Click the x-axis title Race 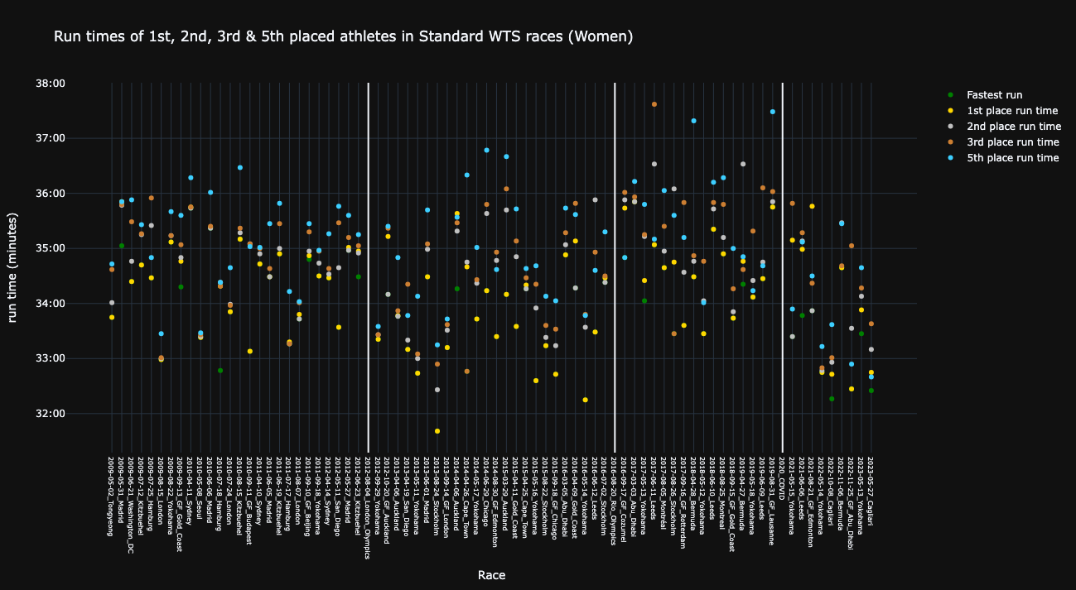[x=491, y=575]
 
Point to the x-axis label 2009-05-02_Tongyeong [x=112, y=495]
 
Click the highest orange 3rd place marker [x=654, y=104]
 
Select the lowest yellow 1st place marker [x=437, y=431]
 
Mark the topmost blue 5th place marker [x=773, y=112]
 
